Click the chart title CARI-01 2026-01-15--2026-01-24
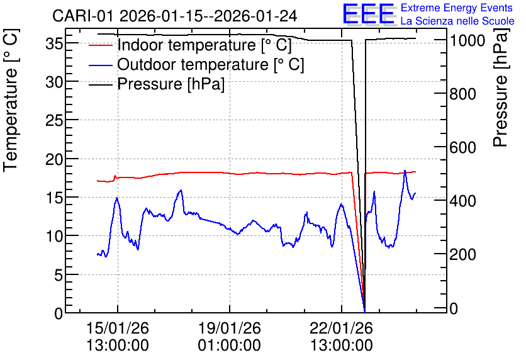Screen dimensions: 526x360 [x=174, y=16]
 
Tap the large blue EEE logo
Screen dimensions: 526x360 [x=369, y=14]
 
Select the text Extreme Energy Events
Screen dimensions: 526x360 [x=457, y=8]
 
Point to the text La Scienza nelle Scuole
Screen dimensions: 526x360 [x=457, y=21]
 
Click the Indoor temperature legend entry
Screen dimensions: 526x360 [x=190, y=45]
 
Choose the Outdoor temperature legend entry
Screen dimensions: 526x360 [x=196, y=64]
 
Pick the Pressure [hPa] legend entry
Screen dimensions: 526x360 [x=157, y=84]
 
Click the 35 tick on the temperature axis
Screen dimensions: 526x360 [x=54, y=43]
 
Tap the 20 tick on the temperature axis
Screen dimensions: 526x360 [x=54, y=159]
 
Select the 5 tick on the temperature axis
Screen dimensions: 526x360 [x=59, y=275]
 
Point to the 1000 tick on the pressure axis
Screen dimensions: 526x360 [x=467, y=41]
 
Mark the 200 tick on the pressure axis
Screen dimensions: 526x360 [x=462, y=255]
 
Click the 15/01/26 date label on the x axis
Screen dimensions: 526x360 [x=118, y=328]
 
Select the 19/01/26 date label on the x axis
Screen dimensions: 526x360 [x=230, y=328]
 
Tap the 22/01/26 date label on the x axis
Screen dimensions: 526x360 [x=341, y=328]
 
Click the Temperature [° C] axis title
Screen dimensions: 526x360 [x=11, y=101]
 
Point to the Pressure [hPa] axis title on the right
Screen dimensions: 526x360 [x=500, y=87]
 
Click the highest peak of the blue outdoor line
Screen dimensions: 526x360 [x=405, y=171]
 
